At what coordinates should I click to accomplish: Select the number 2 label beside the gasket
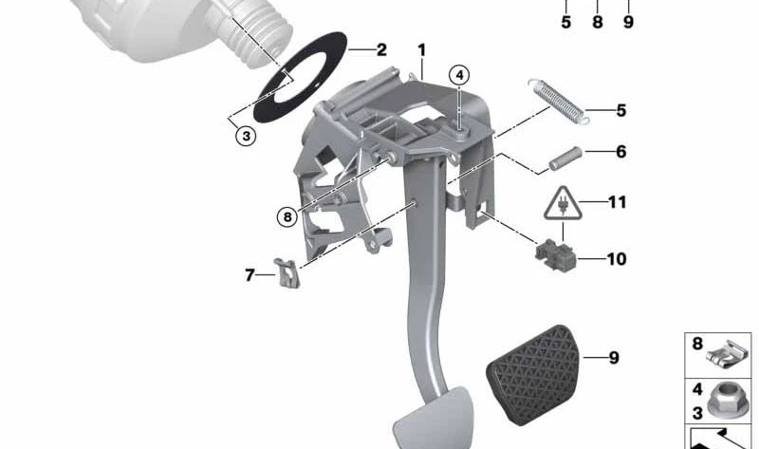(381, 50)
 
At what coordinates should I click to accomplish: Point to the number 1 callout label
(421, 50)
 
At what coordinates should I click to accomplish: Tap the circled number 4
(459, 75)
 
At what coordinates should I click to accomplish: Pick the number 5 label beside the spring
(621, 110)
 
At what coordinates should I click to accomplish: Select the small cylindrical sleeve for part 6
(565, 158)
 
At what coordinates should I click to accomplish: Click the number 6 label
(621, 152)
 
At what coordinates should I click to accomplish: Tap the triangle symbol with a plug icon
(562, 203)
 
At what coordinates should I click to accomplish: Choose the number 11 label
(618, 202)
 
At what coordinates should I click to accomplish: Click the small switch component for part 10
(556, 254)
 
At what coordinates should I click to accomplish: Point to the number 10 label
(617, 259)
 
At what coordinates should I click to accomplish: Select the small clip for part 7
(287, 273)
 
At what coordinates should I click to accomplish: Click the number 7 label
(250, 275)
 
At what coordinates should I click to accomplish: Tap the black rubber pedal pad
(532, 375)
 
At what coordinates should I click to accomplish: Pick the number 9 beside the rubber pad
(614, 358)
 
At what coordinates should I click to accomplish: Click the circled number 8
(287, 216)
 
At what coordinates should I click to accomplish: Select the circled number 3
(246, 136)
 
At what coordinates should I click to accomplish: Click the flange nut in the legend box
(724, 400)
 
